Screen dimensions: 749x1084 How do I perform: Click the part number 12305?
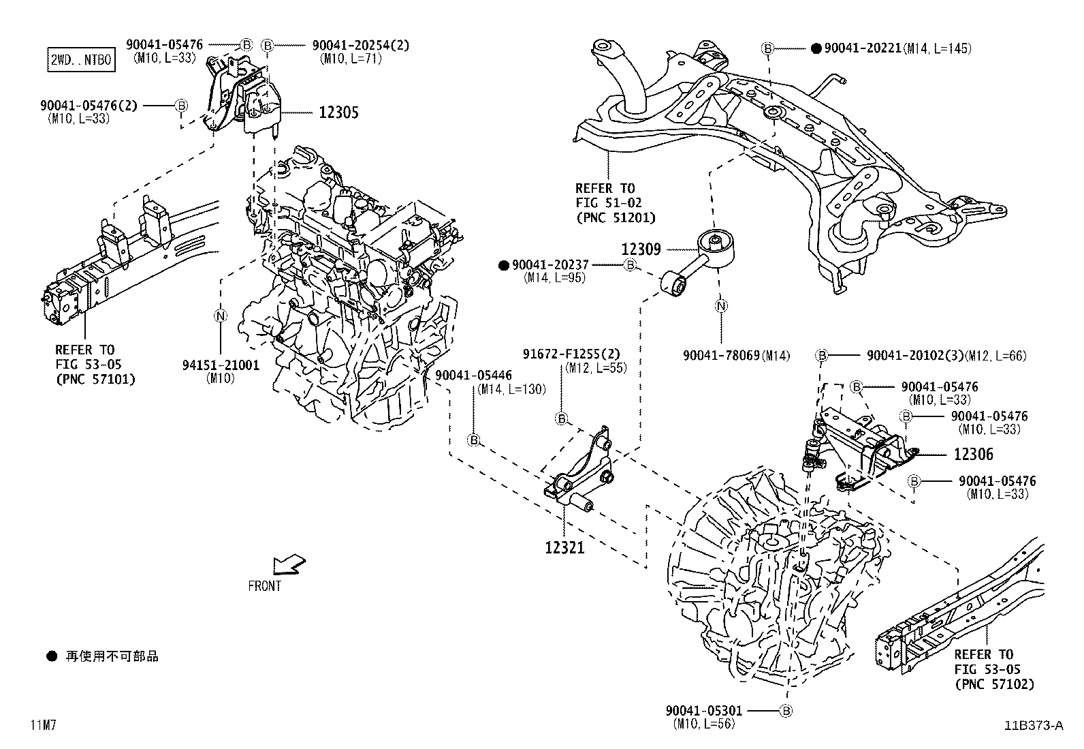point(338,112)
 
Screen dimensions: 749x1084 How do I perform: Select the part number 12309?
point(641,249)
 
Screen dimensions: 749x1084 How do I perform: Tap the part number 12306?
point(973,454)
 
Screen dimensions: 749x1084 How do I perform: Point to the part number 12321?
point(564,547)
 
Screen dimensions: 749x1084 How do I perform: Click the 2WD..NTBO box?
point(80,60)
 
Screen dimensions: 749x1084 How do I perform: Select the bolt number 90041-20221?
point(863,48)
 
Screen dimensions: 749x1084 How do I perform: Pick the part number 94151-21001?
point(221,365)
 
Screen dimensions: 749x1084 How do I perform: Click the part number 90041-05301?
point(704,711)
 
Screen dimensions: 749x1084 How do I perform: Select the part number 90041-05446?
point(474,376)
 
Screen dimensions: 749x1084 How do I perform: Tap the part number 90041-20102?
point(910,356)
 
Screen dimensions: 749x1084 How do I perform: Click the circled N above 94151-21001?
point(220,316)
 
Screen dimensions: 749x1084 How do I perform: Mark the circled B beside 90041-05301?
point(786,711)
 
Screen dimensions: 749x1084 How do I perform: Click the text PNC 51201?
point(615,217)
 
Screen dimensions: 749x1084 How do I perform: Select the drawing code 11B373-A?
point(1033,725)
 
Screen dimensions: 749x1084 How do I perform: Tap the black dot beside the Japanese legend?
point(51,656)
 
